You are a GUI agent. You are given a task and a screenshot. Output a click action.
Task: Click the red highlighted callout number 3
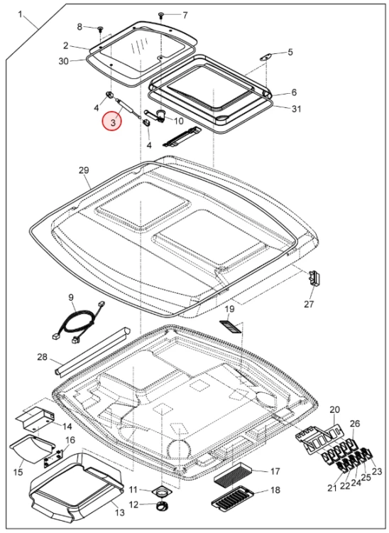click(113, 122)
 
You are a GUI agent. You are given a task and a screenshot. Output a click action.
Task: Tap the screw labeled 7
click(160, 15)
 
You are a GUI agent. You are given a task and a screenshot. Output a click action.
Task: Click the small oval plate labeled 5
click(267, 57)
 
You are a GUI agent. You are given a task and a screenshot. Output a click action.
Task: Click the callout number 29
click(84, 170)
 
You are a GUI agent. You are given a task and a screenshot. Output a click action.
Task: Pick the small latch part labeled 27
click(314, 278)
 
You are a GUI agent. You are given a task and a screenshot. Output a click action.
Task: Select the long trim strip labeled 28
click(93, 352)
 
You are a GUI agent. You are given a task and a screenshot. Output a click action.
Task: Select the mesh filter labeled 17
click(234, 473)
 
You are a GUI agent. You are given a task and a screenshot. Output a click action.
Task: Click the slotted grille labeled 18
click(233, 497)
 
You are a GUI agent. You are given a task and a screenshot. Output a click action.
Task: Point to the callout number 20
click(334, 409)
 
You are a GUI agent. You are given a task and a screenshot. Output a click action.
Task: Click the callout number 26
click(355, 424)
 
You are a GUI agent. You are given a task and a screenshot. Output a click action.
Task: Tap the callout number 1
click(20, 15)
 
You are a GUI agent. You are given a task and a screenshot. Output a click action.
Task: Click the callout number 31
click(296, 109)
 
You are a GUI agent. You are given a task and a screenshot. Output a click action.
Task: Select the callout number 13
click(120, 512)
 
